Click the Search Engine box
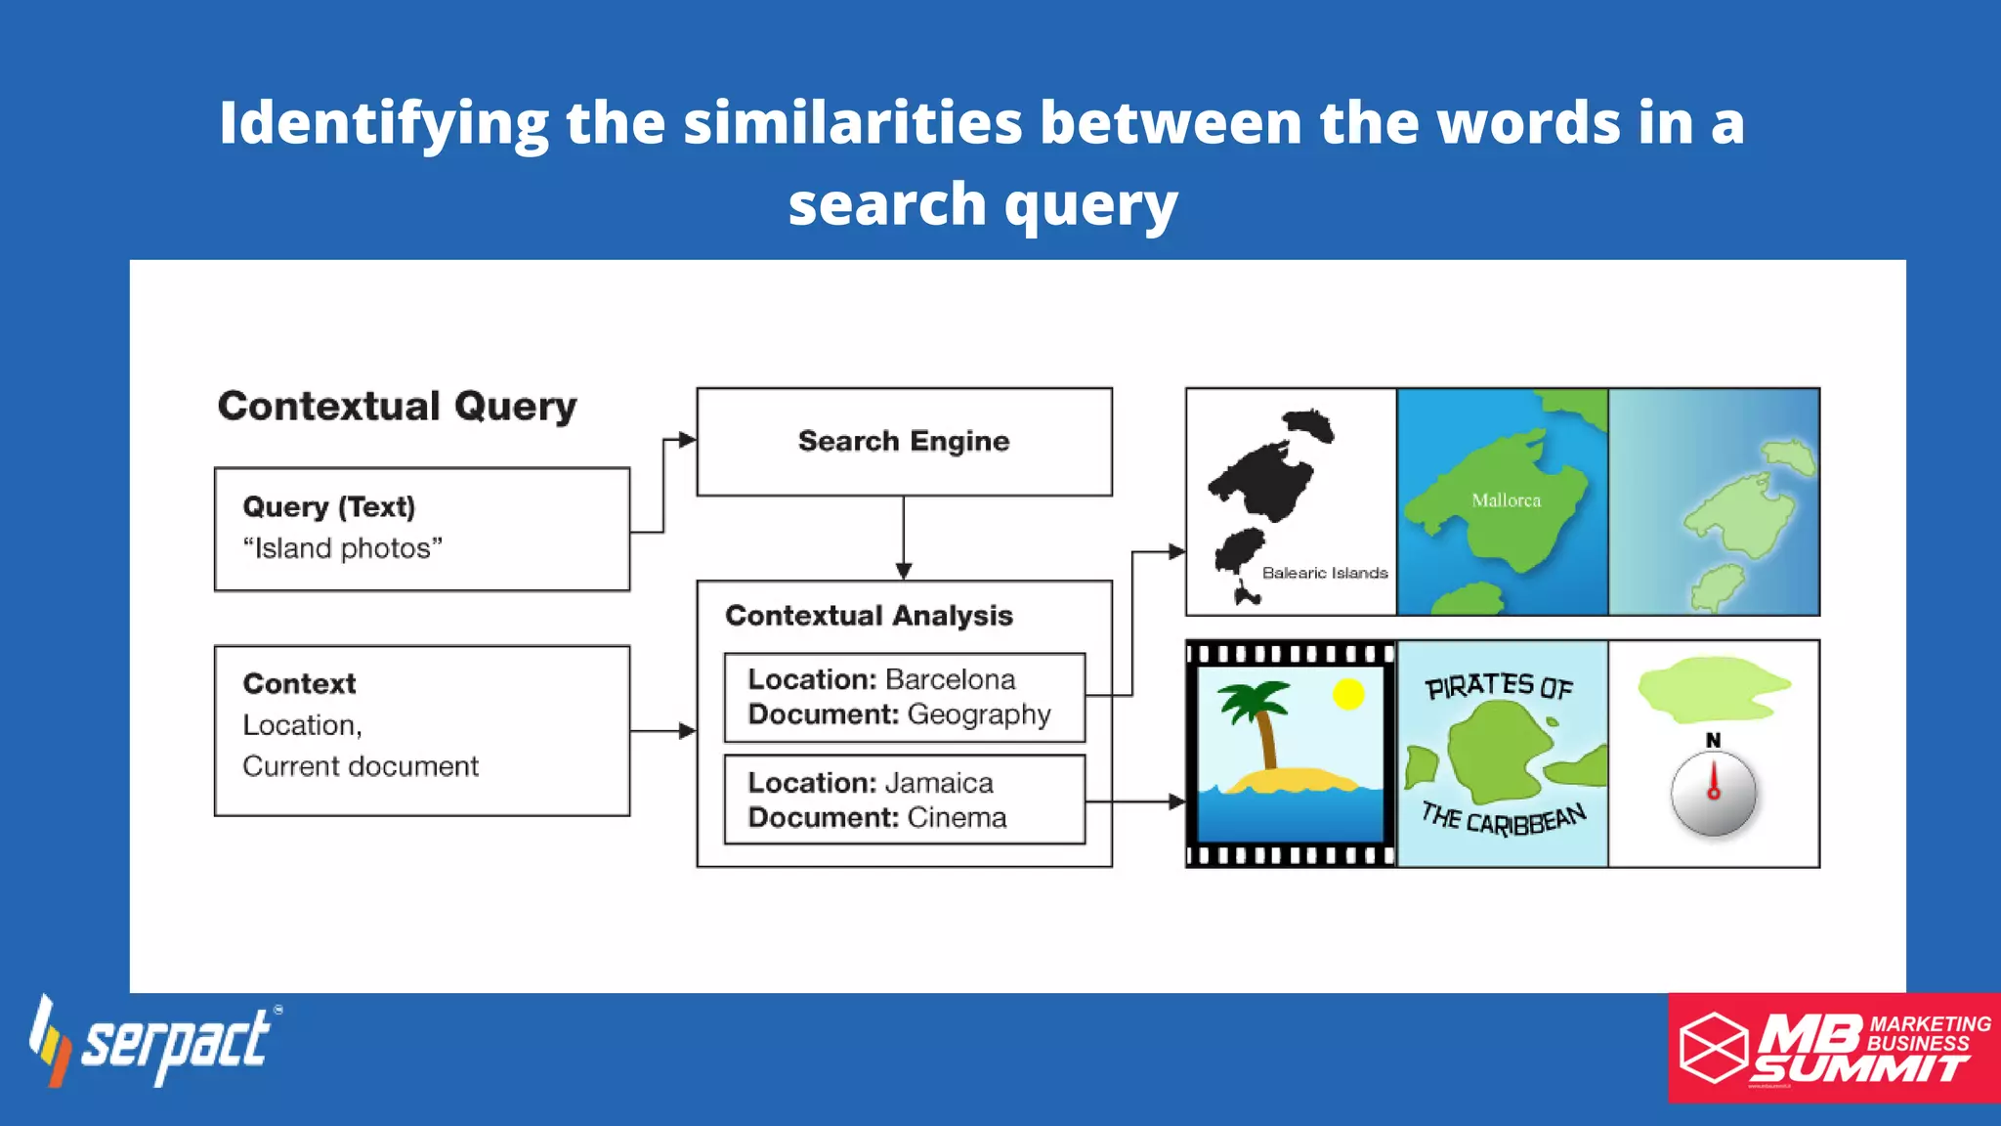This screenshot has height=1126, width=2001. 904,442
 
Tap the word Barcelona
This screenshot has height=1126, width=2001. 950,679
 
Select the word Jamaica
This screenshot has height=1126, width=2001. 939,783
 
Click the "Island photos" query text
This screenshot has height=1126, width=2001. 342,548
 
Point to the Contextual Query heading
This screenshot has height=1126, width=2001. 397,406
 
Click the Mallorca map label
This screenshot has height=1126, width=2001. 1506,500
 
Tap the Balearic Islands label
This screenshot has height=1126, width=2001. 1324,573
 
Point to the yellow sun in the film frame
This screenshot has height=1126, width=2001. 1348,694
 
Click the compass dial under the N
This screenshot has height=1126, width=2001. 1713,794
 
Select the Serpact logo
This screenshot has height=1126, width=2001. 156,1042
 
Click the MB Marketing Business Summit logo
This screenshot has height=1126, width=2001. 1834,1048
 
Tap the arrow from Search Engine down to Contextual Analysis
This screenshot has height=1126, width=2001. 904,538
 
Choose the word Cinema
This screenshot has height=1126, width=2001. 957,818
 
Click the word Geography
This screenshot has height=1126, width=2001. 978,715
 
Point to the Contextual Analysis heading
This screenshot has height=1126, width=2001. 869,616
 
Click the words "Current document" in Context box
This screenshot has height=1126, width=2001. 361,766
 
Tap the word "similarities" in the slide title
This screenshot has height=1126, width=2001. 852,123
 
